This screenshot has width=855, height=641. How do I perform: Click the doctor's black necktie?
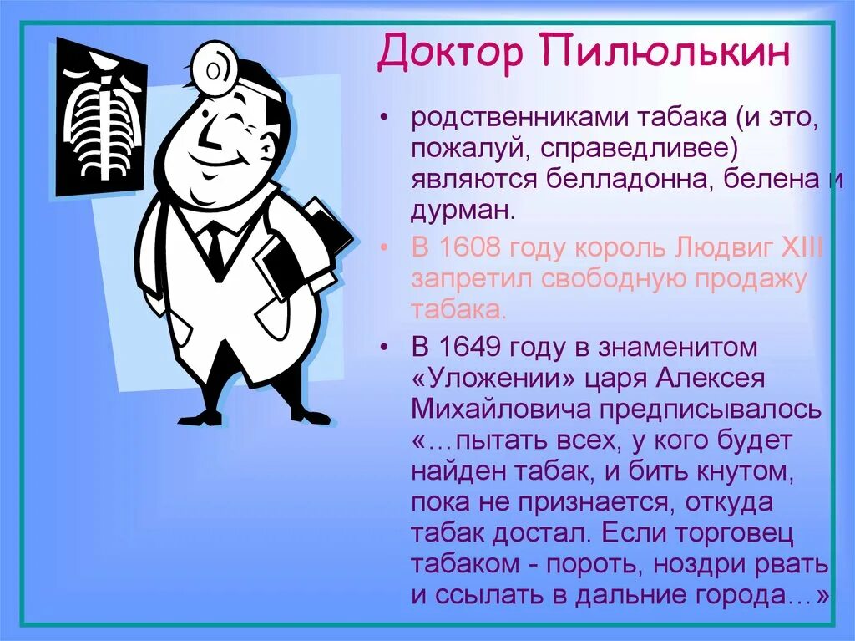pos(216,246)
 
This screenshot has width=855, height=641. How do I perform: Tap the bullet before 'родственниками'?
pos(385,120)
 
